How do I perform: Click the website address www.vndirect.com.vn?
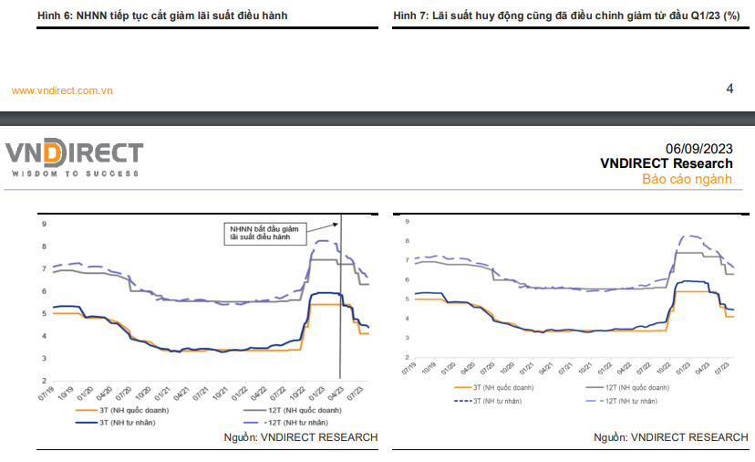coord(62,89)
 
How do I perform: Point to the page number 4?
coord(729,89)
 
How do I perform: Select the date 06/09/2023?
coord(698,148)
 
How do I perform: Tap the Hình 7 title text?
coord(566,16)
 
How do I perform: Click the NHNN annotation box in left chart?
coord(264,233)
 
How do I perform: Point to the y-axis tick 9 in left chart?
coord(43,224)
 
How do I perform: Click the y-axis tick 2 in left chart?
coord(43,381)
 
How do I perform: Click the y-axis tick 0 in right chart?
coord(407,355)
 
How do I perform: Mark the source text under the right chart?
coord(670,437)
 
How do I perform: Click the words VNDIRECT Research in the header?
coord(666,163)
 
